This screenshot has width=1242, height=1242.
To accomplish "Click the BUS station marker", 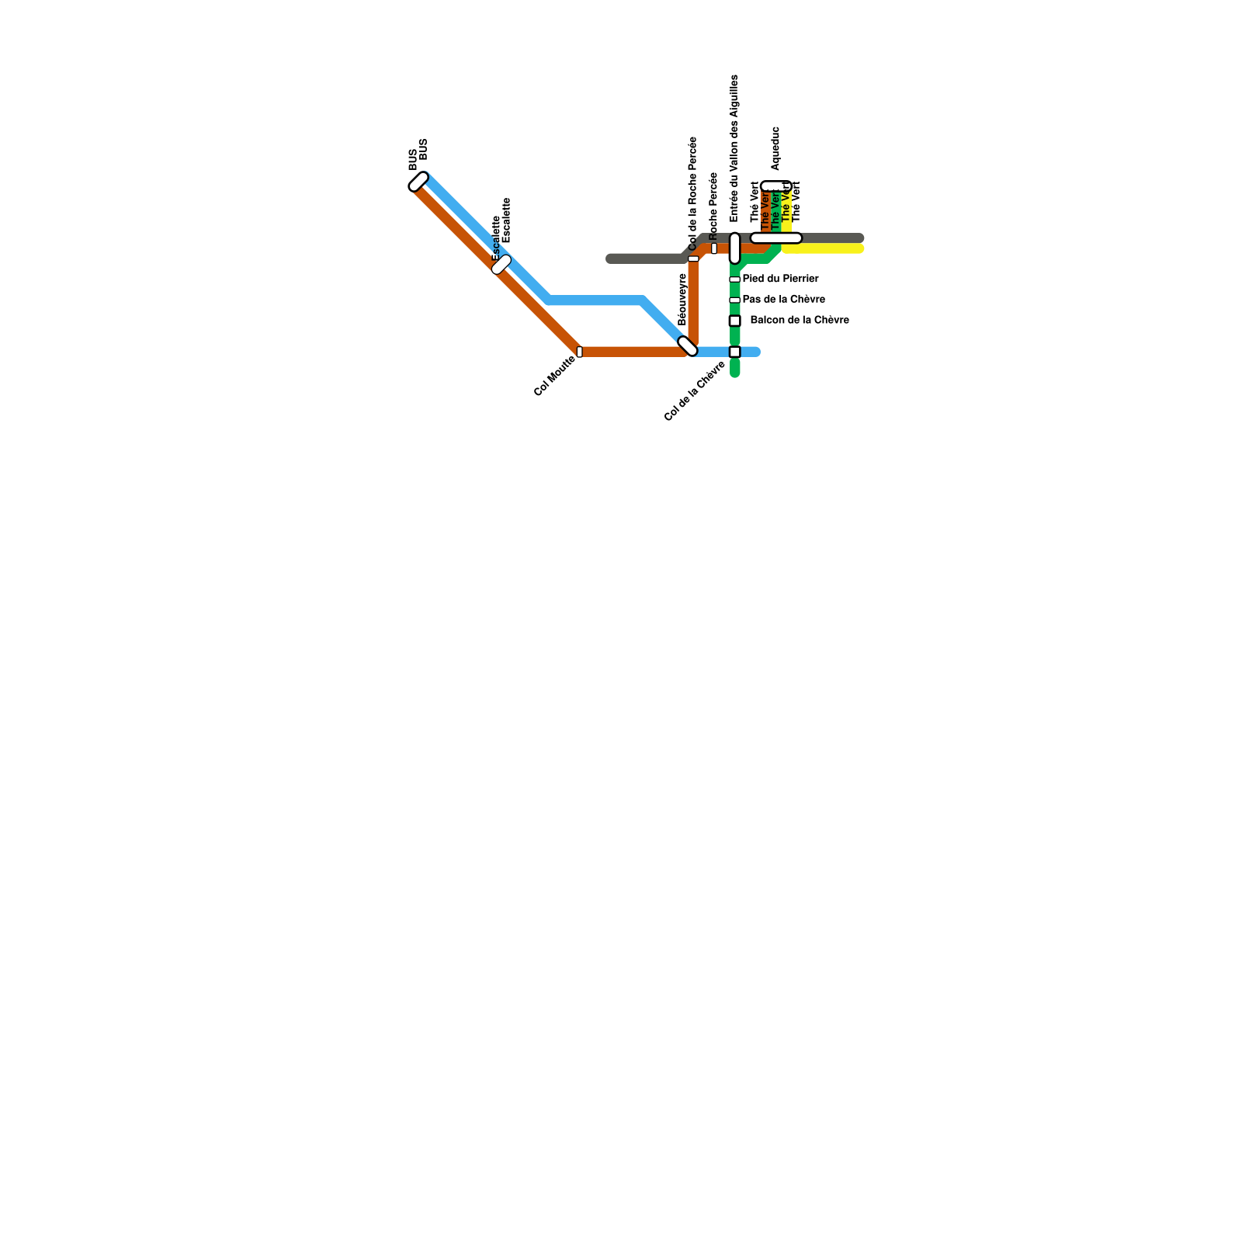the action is pyautogui.click(x=418, y=182).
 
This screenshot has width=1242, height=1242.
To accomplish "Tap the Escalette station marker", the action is pyautogui.click(x=501, y=265).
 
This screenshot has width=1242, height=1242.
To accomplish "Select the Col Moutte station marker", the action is pyautogui.click(x=579, y=352).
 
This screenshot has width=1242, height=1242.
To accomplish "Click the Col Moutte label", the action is pyautogui.click(x=554, y=375).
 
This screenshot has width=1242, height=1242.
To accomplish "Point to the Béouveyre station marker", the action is pyautogui.click(x=688, y=346).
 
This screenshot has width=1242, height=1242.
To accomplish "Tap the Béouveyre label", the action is pyautogui.click(x=682, y=299).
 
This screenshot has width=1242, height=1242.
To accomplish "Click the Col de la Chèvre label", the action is pyautogui.click(x=695, y=391).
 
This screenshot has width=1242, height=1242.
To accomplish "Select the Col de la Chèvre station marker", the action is pyautogui.click(x=734, y=352).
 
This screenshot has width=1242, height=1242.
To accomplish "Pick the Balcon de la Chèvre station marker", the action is pyautogui.click(x=734, y=321).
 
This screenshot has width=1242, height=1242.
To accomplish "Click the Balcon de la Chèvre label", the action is pyautogui.click(x=799, y=320).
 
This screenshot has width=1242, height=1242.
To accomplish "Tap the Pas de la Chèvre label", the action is pyautogui.click(x=783, y=300).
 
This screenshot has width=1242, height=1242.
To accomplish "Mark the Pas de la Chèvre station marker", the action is pyautogui.click(x=734, y=300).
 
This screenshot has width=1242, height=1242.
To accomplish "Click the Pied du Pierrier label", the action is pyautogui.click(x=780, y=279).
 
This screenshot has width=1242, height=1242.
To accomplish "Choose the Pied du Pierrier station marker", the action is pyautogui.click(x=734, y=279).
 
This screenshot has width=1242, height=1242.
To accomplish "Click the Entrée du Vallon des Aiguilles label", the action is pyautogui.click(x=734, y=148).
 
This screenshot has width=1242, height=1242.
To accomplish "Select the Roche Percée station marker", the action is pyautogui.click(x=714, y=248).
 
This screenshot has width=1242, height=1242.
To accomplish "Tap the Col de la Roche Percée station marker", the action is pyautogui.click(x=693, y=258).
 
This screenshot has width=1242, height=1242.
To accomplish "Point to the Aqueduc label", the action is pyautogui.click(x=775, y=148).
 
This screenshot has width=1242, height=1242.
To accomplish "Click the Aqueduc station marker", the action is pyautogui.click(x=774, y=186).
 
